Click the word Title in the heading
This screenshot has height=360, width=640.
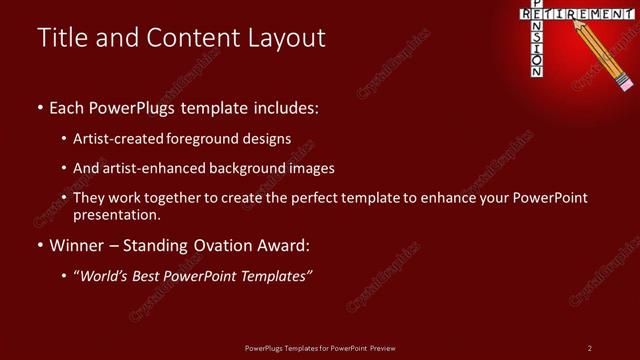[61, 39]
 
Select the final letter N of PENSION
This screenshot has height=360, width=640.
[537, 72]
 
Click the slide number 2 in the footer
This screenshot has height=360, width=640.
[590, 347]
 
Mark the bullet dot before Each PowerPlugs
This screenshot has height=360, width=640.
[40, 106]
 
